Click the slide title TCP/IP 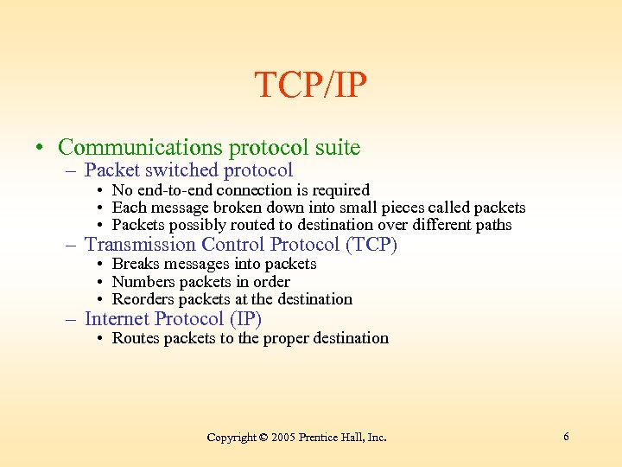[311, 85]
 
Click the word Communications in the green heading [137, 148]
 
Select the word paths [493, 226]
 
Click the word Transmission [141, 245]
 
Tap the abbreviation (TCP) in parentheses [371, 245]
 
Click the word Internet [117, 318]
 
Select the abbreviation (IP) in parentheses [245, 318]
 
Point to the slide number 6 [566, 437]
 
